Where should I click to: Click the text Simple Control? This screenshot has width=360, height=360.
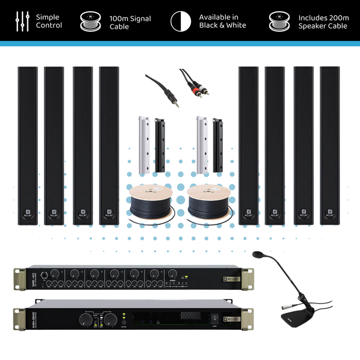click(x=49, y=21)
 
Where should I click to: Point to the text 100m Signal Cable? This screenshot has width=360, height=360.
click(x=128, y=21)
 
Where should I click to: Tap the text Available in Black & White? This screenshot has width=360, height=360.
click(x=222, y=21)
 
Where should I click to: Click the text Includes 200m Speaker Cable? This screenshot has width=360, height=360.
click(x=323, y=21)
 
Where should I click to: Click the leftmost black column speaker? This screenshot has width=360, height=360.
click(x=27, y=145)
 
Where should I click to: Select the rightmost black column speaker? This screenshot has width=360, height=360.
click(x=330, y=145)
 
